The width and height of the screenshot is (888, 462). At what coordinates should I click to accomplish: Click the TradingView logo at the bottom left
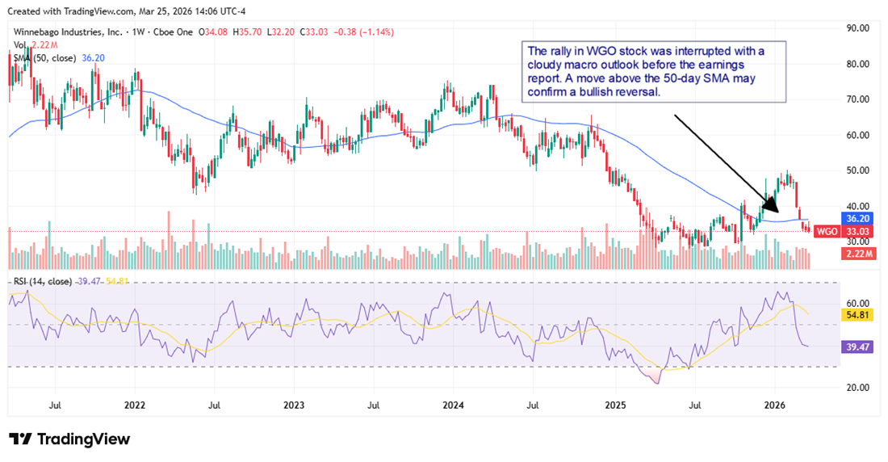[x=69, y=439]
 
